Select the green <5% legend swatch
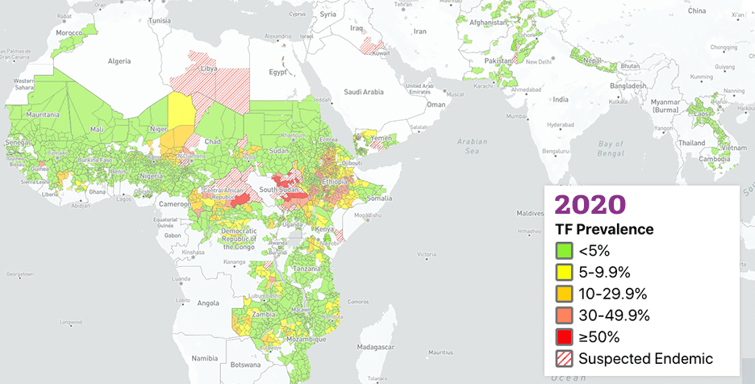pos(564,251)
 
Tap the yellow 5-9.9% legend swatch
pos(564,272)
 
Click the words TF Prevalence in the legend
pos(604,230)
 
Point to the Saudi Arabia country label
pos(363,92)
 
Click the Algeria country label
pos(119,61)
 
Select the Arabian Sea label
pos(473,146)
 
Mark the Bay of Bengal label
pos(611,148)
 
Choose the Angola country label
pos(208,303)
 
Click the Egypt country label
pos(277,72)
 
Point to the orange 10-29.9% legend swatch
pos(564,294)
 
